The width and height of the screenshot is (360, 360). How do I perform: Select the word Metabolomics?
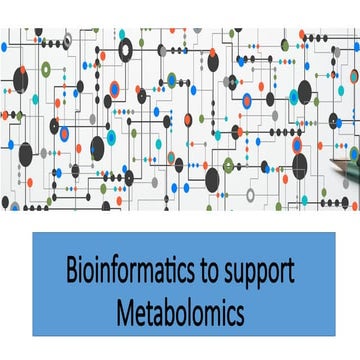point(179,308)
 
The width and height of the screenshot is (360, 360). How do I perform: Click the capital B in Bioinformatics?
point(71,271)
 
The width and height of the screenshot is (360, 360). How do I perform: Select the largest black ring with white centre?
point(126,50)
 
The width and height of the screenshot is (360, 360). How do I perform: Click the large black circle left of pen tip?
point(300,165)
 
